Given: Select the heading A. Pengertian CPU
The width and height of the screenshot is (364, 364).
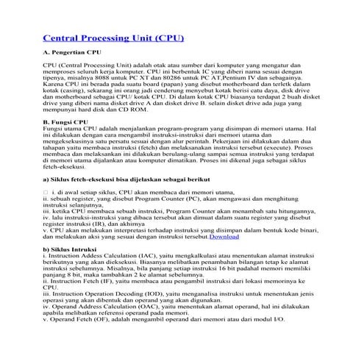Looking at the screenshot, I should pyautogui.click(x=72, y=54).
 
